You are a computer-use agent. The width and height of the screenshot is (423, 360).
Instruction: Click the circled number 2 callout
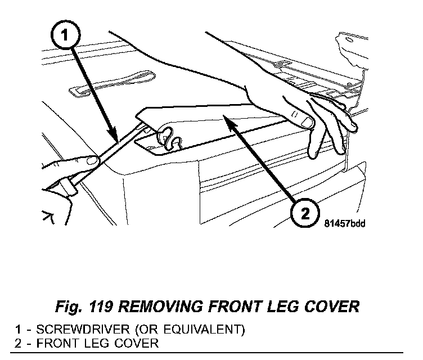click(x=303, y=213)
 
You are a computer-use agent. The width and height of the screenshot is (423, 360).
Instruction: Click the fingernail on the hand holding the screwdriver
click(x=90, y=161)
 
